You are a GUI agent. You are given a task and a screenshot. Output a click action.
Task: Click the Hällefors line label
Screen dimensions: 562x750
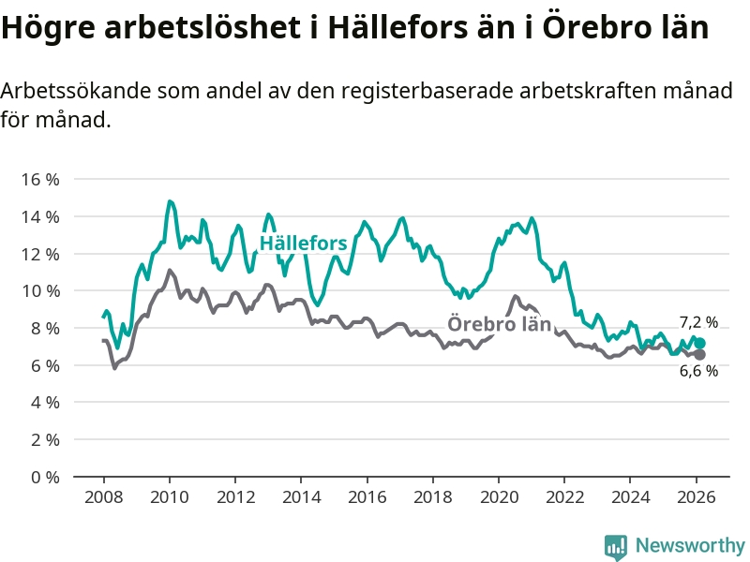click(x=303, y=244)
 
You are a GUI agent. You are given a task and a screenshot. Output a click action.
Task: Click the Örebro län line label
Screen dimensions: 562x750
click(x=499, y=324)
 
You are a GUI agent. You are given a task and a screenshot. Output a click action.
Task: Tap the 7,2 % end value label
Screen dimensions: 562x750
click(x=698, y=322)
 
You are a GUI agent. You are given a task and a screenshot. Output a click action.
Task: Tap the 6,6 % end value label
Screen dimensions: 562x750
click(x=698, y=371)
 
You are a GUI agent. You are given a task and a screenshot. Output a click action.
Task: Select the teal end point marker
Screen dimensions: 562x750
click(x=699, y=344)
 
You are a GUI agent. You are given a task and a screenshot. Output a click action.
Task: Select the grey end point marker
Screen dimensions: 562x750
click(x=699, y=355)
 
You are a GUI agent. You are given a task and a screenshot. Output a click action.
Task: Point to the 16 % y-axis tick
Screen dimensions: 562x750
click(x=39, y=179)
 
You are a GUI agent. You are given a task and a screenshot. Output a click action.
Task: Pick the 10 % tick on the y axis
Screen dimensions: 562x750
click(x=39, y=290)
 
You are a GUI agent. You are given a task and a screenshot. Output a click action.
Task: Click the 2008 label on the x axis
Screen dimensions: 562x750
click(x=103, y=497)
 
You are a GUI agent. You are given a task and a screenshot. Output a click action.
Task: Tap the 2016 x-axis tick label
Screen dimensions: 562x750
click(x=367, y=497)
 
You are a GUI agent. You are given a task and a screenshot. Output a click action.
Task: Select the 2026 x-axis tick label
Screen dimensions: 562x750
click(x=697, y=497)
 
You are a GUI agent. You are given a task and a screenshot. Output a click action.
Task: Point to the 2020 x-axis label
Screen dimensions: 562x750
click(x=499, y=497)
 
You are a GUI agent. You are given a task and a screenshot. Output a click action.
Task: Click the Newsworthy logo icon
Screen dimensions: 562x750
click(x=616, y=546)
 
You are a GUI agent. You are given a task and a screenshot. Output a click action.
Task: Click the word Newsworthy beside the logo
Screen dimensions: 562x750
click(x=690, y=545)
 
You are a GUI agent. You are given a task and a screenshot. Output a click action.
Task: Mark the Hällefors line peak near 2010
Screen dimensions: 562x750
click(x=170, y=201)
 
